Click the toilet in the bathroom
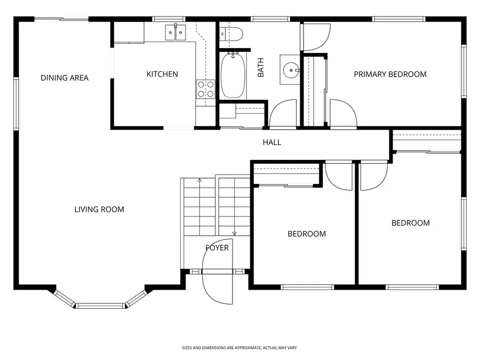coord(231,34)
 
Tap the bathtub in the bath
coord(233,75)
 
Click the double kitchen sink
coord(175,32)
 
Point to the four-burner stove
coord(205,89)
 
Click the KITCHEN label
coord(162,74)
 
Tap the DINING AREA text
coord(65,78)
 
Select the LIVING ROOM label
coord(99,210)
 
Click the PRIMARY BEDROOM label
coord(390,74)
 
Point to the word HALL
coord(272,142)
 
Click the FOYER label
coord(217,247)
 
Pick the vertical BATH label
coord(260,67)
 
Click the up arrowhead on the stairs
coord(199,180)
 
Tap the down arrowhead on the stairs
coord(235,234)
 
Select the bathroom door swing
coord(283,113)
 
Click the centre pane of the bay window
coord(100,306)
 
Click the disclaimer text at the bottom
coord(239,348)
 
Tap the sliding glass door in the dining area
coord(61,19)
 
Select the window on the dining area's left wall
coord(16,104)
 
